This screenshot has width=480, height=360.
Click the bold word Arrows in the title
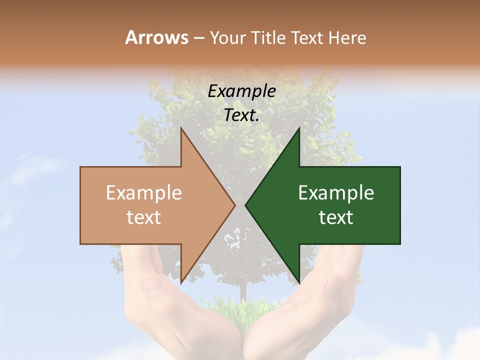156,37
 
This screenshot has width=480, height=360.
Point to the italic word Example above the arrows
241,91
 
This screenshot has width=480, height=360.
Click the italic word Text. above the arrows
241,115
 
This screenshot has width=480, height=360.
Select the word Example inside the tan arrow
144,193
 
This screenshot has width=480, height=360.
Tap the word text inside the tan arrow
144,217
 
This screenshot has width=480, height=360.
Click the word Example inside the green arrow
336,193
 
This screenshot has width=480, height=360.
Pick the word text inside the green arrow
336,217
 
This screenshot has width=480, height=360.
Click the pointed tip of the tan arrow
234,205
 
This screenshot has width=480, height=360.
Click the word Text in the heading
308,38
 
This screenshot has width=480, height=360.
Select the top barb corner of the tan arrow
181,128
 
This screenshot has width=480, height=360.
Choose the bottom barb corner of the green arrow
299,282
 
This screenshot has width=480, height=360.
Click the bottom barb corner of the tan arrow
181,282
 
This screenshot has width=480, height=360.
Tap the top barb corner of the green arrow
299,128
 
